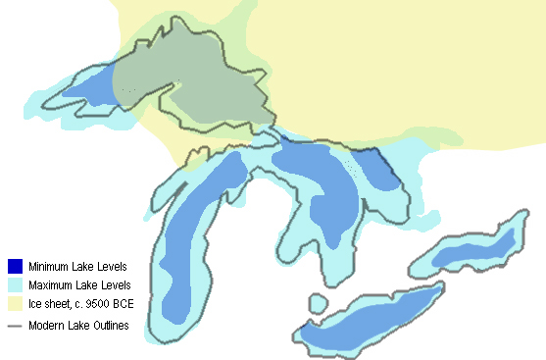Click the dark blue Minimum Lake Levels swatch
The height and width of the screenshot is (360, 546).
click(x=15, y=266)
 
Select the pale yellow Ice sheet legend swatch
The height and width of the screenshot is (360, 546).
click(x=15, y=303)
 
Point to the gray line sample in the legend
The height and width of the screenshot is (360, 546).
click(x=15, y=325)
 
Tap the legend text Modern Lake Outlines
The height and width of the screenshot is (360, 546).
click(x=78, y=326)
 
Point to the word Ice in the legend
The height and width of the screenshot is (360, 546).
click(x=35, y=304)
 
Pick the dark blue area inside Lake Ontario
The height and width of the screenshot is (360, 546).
click(x=471, y=250)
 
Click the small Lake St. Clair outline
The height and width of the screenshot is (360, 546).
click(x=318, y=301)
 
